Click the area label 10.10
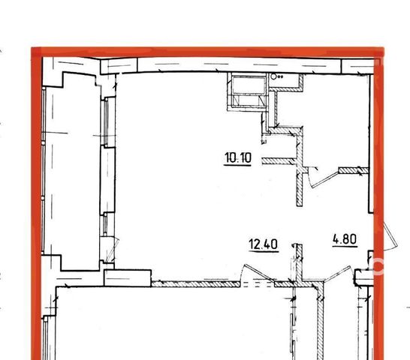(238, 157)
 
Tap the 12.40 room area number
(264, 244)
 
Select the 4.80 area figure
(345, 239)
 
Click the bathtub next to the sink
(247, 91)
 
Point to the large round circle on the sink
(273, 76)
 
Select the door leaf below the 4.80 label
(337, 274)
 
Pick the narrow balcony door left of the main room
(111, 250)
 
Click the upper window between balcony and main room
(106, 122)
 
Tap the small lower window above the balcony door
(105, 223)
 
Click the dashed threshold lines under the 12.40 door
(258, 284)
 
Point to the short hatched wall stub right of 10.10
(279, 161)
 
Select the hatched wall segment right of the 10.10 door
(354, 170)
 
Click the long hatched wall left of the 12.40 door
(195, 284)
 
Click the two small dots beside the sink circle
(281, 76)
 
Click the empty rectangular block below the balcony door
(128, 278)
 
